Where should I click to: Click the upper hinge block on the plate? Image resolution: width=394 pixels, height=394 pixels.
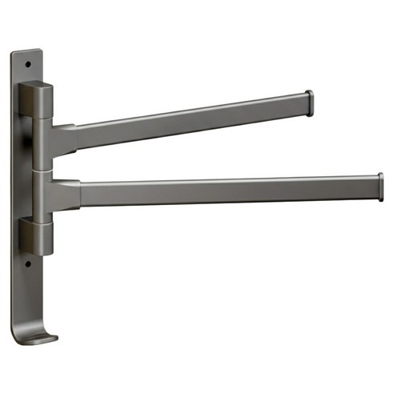click(38, 100)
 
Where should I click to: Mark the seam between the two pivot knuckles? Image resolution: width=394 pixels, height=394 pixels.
click(43, 169)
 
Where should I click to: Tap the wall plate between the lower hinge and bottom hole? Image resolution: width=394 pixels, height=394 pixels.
click(25, 255)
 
